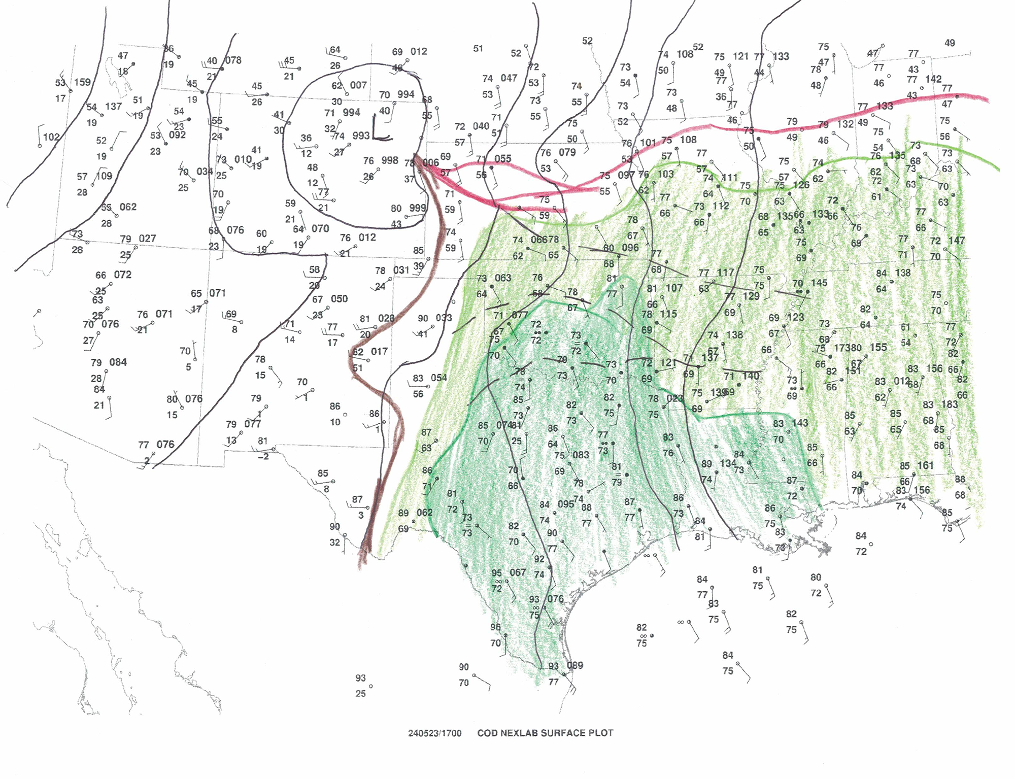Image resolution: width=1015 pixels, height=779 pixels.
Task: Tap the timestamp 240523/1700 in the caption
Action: pyautogui.click(x=435, y=733)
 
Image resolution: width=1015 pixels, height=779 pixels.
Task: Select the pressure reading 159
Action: pyautogui.click(x=82, y=82)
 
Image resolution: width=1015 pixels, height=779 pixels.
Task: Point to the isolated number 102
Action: pyautogui.click(x=51, y=137)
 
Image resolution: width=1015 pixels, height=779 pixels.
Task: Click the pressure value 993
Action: pyautogui.click(x=361, y=136)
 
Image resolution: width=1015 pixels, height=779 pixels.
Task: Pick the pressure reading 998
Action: pyautogui.click(x=390, y=160)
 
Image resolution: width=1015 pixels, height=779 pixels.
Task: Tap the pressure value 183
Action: pyautogui.click(x=950, y=404)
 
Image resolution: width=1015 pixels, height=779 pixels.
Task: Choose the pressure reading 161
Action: pyautogui.click(x=925, y=465)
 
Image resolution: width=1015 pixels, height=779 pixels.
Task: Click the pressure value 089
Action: pyautogui.click(x=574, y=665)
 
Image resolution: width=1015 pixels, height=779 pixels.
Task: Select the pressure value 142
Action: pyautogui.click(x=933, y=79)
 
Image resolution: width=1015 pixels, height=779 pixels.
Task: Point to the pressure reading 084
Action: pyautogui.click(x=118, y=362)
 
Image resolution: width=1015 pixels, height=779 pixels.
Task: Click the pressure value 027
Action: pyautogui.click(x=147, y=238)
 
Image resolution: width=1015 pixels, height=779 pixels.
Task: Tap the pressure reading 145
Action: pyautogui.click(x=819, y=283)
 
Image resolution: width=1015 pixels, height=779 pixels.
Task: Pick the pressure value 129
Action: pyautogui.click(x=751, y=296)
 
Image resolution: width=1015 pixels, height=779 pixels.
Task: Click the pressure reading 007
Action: pyautogui.click(x=358, y=85)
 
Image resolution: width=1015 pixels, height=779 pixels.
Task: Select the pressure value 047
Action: pyautogui.click(x=509, y=78)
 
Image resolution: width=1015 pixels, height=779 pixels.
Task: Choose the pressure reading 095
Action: pyautogui.click(x=565, y=504)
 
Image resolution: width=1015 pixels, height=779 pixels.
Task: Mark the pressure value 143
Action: pyautogui.click(x=800, y=423)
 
